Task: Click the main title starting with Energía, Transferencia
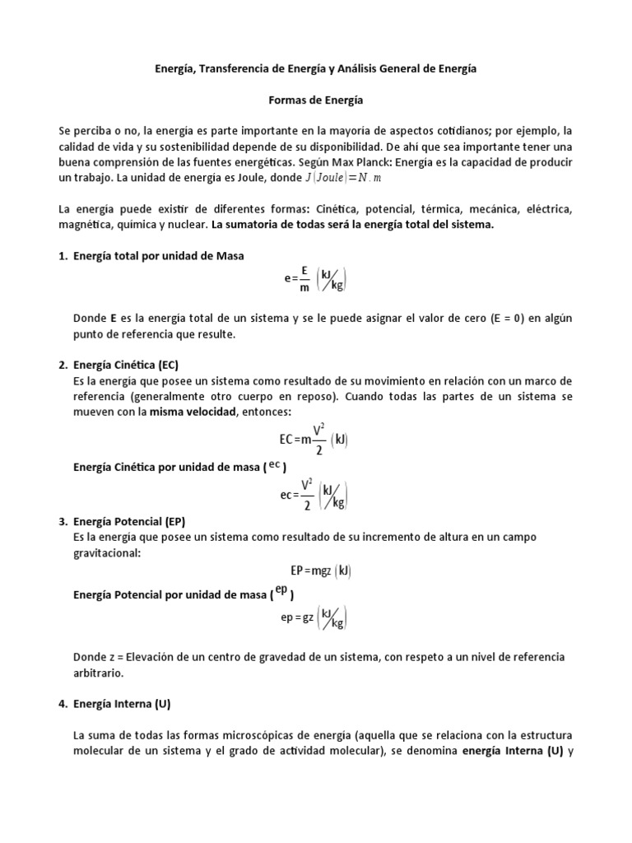click(x=316, y=70)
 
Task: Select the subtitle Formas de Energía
click(x=316, y=100)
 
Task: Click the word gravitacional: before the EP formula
click(x=107, y=553)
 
